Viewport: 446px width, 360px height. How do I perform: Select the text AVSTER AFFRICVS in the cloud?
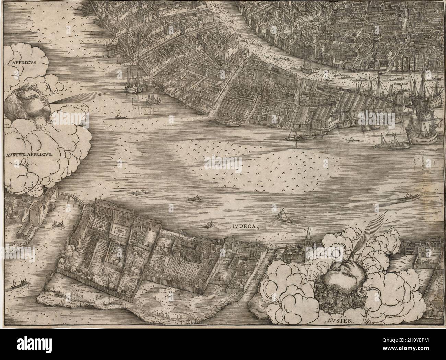(29, 154)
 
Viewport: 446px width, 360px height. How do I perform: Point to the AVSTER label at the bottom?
(338, 321)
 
